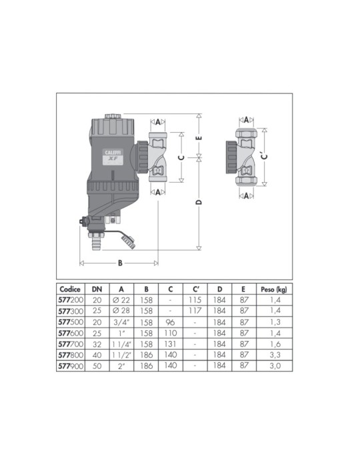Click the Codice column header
(x=71, y=290)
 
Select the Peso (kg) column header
(x=274, y=290)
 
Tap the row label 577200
(x=70, y=302)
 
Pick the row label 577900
(x=70, y=366)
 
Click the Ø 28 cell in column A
(x=121, y=312)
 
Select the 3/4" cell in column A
(x=121, y=323)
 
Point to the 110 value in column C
(x=171, y=334)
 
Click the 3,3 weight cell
(x=274, y=356)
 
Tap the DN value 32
(x=96, y=345)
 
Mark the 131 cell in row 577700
(x=171, y=345)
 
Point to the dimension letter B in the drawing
(x=120, y=262)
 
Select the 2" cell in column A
(x=121, y=366)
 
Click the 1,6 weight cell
(x=274, y=345)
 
